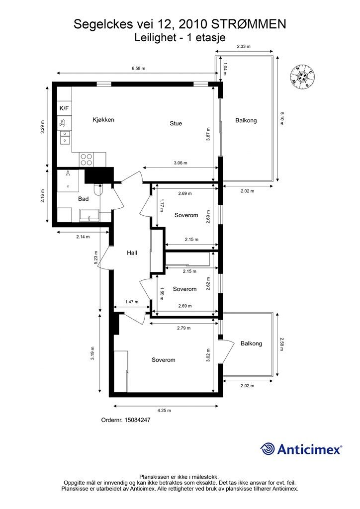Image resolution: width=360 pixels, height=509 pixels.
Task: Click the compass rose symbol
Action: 302,77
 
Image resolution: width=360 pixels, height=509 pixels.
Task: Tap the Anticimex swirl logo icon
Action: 268,449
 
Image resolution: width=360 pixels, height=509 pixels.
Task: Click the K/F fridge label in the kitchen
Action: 64,108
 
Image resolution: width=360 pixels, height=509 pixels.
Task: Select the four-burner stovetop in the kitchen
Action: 87,160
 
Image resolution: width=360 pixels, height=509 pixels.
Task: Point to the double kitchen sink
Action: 65,137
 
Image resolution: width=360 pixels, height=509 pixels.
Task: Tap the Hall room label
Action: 132,253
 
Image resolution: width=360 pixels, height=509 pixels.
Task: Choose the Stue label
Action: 176,123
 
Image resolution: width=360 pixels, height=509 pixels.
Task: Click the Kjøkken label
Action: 103,120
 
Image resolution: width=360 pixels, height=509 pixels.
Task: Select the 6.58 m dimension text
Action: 138,69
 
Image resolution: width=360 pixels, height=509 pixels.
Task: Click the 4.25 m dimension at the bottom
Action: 164,410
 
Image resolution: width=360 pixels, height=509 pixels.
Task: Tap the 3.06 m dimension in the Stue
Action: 180,163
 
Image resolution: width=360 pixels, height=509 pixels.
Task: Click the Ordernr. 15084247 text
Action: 126,420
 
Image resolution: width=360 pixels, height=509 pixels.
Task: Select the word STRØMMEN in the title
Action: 249,24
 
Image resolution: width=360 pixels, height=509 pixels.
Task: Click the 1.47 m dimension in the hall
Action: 132,302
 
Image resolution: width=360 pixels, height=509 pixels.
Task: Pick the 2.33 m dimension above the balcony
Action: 244,46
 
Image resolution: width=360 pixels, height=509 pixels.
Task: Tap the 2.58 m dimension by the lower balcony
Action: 281,344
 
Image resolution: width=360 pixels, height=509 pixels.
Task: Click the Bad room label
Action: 84,199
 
